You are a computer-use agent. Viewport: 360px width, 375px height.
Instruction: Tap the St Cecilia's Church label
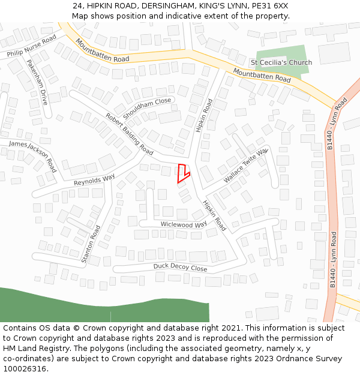(281, 62)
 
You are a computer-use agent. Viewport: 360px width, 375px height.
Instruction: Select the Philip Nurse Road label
(32, 46)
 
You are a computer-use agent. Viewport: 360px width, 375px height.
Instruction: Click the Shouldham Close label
(147, 108)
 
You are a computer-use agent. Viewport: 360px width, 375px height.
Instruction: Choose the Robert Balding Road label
(130, 133)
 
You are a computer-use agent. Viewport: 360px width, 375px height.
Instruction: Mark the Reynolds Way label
(94, 179)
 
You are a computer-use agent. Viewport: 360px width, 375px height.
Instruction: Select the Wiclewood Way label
(183, 224)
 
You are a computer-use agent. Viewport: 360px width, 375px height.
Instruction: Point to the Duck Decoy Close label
(180, 268)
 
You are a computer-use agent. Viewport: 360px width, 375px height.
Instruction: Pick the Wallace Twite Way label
(245, 166)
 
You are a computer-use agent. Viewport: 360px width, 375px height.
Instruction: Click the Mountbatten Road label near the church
(262, 75)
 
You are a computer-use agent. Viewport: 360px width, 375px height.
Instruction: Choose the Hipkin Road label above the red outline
(205, 116)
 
